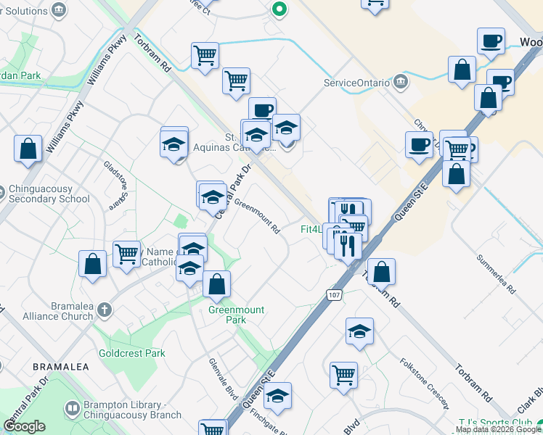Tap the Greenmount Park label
point(237,315)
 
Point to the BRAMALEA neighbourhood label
point(61,368)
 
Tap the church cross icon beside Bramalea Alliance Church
point(105,310)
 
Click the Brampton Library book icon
point(72,408)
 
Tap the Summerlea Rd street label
point(496,273)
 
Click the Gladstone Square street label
point(116,184)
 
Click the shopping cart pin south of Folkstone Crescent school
point(343,375)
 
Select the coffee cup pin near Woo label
point(491,41)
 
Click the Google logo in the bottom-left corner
point(24,426)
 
